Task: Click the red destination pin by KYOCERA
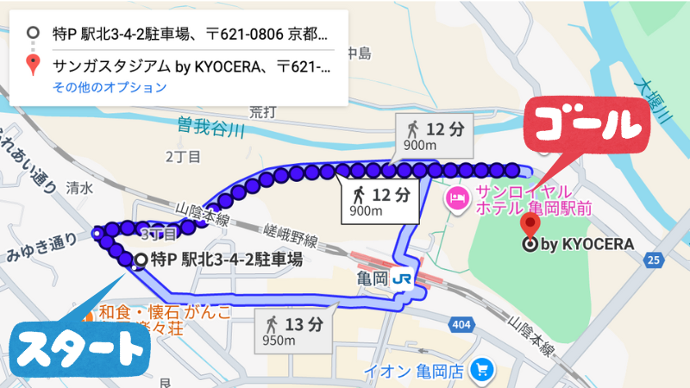click(x=530, y=226)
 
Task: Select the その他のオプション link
click(x=110, y=87)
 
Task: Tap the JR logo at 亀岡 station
click(x=401, y=278)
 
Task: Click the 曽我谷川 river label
click(x=210, y=126)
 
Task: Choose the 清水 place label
click(x=79, y=186)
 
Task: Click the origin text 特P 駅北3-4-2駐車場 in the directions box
click(x=190, y=35)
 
